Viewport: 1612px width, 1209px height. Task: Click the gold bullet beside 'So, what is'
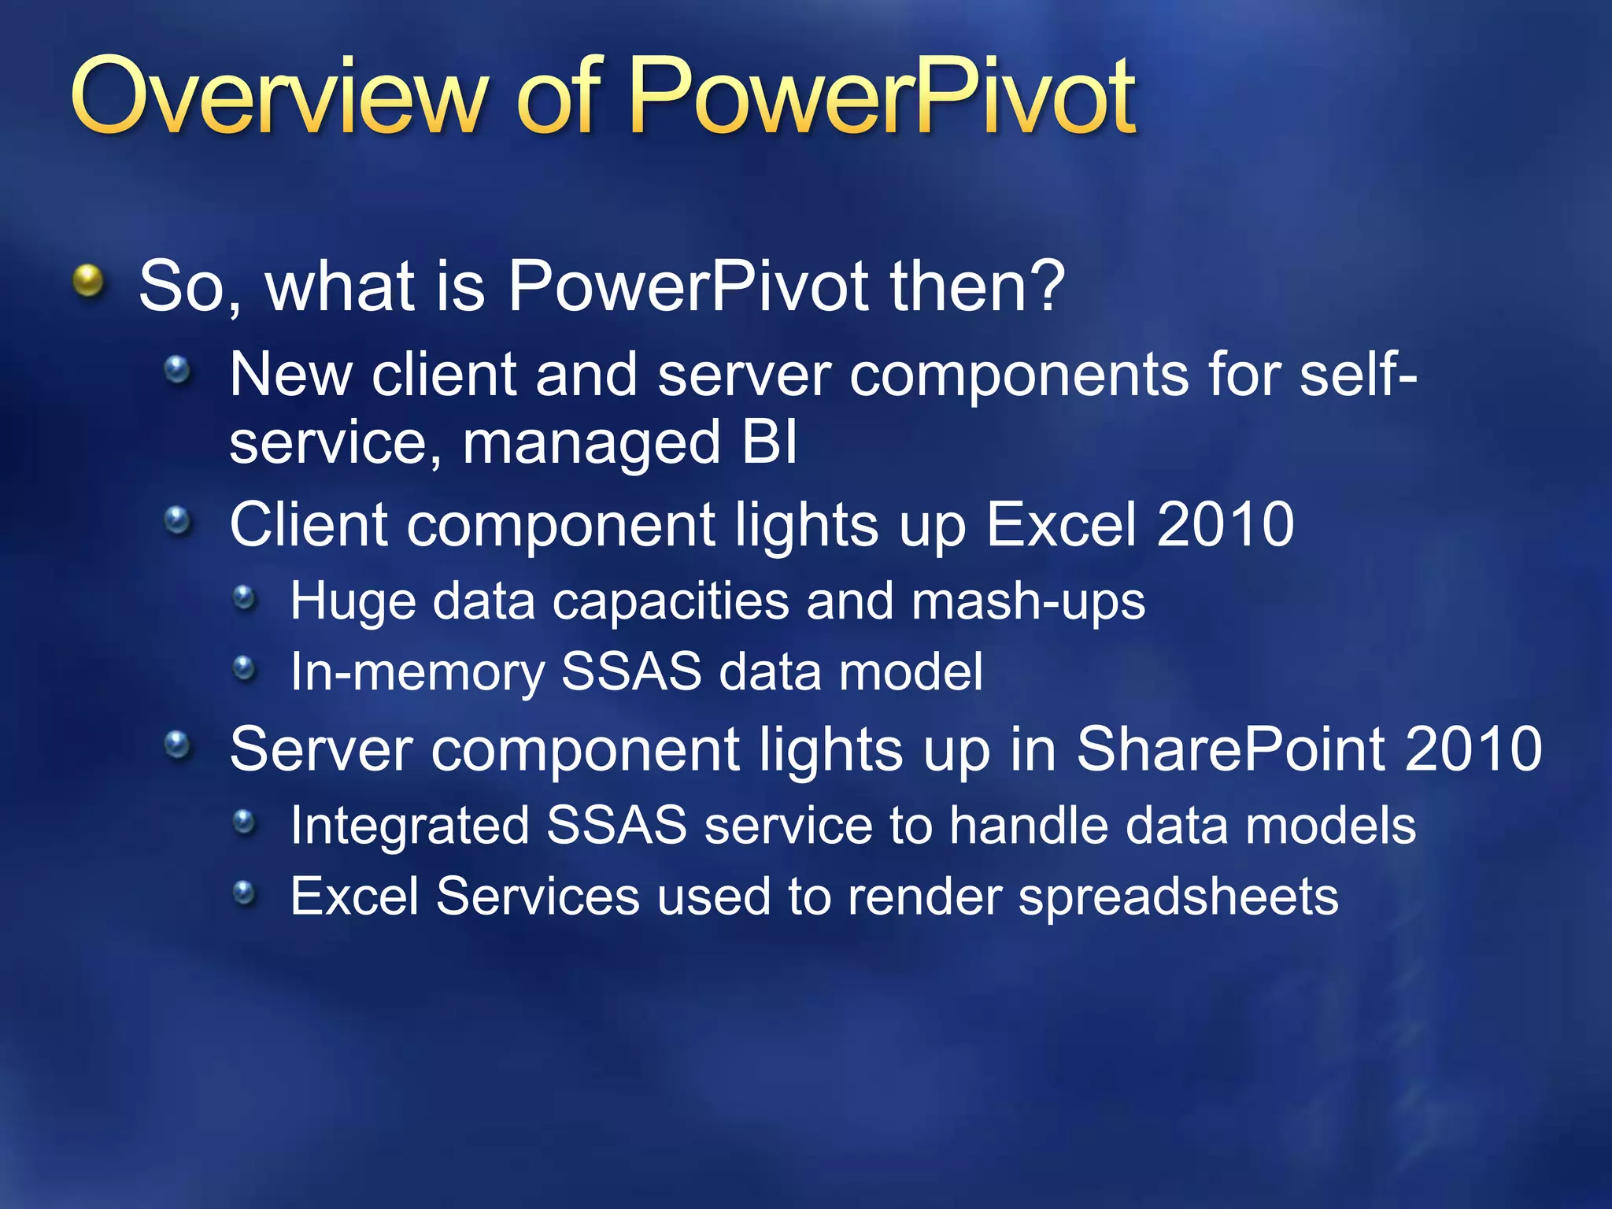point(89,281)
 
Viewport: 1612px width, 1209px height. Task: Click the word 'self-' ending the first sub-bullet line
point(1358,374)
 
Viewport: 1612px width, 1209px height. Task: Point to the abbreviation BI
point(769,442)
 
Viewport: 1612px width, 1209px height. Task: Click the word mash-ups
point(1027,602)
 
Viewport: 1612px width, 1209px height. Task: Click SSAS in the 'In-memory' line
point(630,672)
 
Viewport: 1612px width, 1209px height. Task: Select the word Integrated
point(409,826)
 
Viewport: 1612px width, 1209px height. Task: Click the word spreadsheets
point(1178,897)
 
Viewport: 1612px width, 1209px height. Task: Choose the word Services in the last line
point(538,897)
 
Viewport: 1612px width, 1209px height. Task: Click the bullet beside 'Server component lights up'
point(179,745)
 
